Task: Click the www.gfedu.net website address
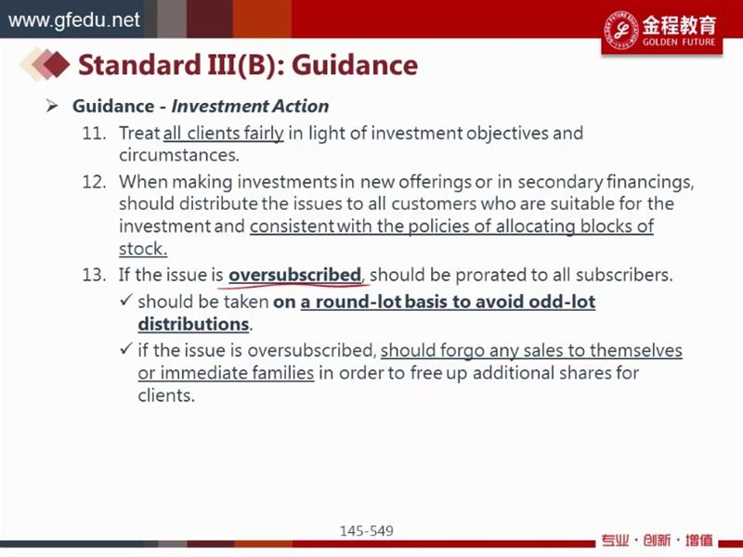tap(74, 20)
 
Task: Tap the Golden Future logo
tap(661, 31)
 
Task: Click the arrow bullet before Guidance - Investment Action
tap(52, 106)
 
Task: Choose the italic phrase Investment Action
tap(250, 106)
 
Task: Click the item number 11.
tap(94, 134)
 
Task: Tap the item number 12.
tap(94, 182)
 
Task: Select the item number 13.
tap(94, 275)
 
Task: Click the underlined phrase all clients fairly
tap(223, 134)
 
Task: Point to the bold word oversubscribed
tap(294, 275)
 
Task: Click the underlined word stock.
tap(143, 249)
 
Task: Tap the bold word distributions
tap(193, 324)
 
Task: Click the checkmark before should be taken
tap(125, 300)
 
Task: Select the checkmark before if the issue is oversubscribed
tap(125, 349)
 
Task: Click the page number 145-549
tap(366, 531)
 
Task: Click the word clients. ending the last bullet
tap(166, 395)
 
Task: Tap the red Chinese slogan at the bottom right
tap(657, 540)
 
